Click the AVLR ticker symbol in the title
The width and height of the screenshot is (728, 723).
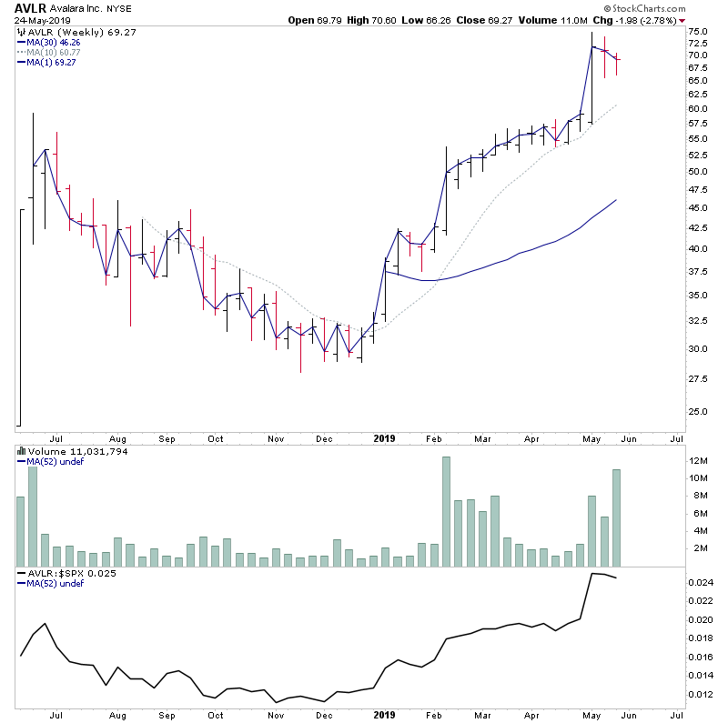[25, 8]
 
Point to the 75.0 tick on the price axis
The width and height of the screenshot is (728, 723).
[698, 32]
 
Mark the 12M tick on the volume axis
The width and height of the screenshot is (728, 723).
[697, 460]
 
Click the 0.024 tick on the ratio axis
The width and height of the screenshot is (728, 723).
[700, 583]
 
